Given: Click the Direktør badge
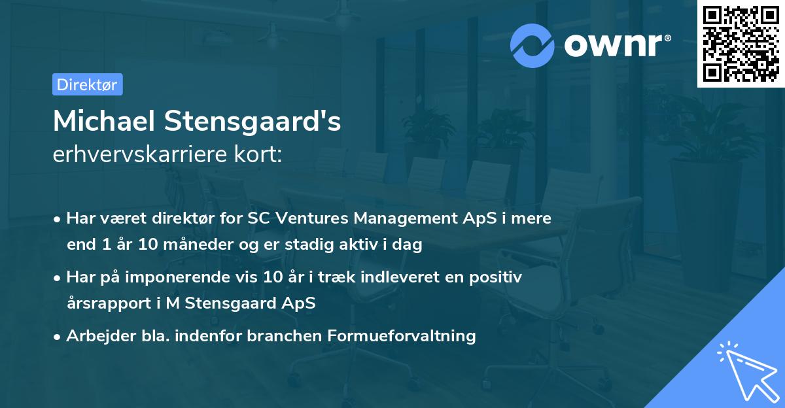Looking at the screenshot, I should pyautogui.click(x=87, y=84).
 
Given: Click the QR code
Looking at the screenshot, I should pyautogui.click(x=741, y=43).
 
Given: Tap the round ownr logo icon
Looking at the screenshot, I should pyautogui.click(x=532, y=45).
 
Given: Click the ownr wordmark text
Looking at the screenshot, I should pyautogui.click(x=616, y=45).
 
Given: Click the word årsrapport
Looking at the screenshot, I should pyautogui.click(x=105, y=303).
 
